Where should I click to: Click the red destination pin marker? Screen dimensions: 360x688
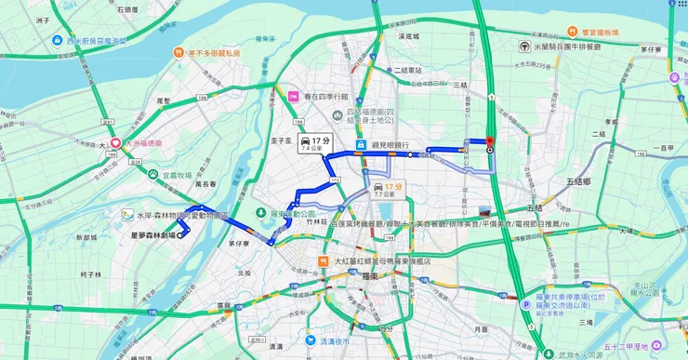click(489, 141)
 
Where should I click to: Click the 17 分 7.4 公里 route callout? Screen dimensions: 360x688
click(315, 143)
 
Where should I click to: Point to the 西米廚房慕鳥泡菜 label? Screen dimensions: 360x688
click(92, 41)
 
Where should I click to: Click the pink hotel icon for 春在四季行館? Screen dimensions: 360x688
click(292, 96)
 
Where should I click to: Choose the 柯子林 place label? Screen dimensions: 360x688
click(90, 274)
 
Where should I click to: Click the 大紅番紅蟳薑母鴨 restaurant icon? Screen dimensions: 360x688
click(323, 261)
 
